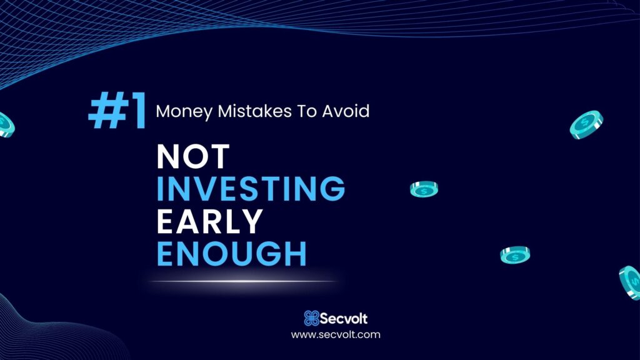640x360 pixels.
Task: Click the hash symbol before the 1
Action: pyautogui.click(x=107, y=110)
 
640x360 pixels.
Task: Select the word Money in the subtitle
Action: pyautogui.click(x=184, y=112)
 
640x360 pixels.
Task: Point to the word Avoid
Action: pyautogui.click(x=346, y=111)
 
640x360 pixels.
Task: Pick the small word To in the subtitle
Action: pyautogui.click(x=307, y=111)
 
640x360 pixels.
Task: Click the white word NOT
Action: pyautogui.click(x=193, y=156)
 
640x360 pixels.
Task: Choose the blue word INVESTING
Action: pyautogui.click(x=251, y=189)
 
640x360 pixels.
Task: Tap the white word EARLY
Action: pyautogui.click(x=210, y=221)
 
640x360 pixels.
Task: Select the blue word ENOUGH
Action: pyautogui.click(x=231, y=254)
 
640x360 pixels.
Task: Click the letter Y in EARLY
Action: pyautogui.click(x=251, y=221)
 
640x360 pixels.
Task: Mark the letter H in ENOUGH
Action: pyautogui.click(x=296, y=254)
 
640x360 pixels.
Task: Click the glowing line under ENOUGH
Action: pyautogui.click(x=244, y=281)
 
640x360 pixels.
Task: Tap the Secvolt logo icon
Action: pyautogui.click(x=311, y=318)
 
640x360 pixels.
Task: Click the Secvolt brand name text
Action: pyautogui.click(x=344, y=318)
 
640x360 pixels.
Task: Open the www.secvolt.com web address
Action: pyautogui.click(x=336, y=335)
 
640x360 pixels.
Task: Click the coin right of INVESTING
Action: pyautogui.click(x=424, y=189)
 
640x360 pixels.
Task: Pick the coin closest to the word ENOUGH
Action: pyautogui.click(x=515, y=255)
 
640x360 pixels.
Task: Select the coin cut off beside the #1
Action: pyautogui.click(x=6, y=124)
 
